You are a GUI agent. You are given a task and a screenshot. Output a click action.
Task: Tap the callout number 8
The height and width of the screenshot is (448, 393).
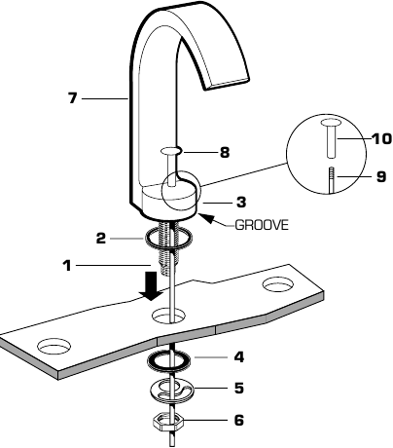click(x=224, y=152)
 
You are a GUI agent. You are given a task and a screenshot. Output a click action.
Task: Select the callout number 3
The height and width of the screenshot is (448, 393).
click(x=240, y=203)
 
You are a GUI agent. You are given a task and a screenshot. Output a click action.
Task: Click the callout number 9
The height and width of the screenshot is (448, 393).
click(x=380, y=176)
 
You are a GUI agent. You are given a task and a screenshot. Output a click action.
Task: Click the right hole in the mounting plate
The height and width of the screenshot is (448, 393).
click(x=277, y=285)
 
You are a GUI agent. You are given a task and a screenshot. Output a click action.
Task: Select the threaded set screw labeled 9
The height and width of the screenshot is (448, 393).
click(x=331, y=180)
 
